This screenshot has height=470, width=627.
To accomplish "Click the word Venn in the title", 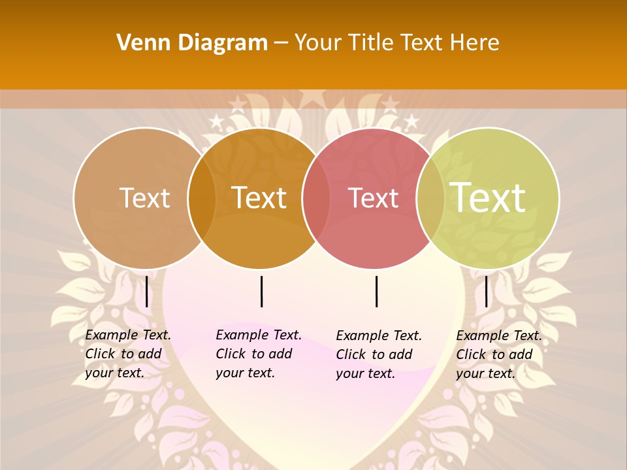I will click(x=139, y=43).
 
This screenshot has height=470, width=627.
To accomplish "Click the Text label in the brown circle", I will click(x=144, y=198).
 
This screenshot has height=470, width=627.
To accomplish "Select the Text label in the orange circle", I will click(x=259, y=198).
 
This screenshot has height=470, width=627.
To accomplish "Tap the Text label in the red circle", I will click(x=373, y=198).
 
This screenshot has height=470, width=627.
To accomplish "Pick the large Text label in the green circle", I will click(x=488, y=197).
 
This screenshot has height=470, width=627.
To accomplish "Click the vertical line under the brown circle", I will click(x=146, y=291).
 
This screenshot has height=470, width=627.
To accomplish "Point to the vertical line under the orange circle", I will click(x=261, y=291).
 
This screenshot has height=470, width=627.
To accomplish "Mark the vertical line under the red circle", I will click(x=376, y=291).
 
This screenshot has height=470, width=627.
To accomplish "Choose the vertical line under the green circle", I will click(x=486, y=291).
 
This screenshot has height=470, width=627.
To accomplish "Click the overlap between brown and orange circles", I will click(x=202, y=198).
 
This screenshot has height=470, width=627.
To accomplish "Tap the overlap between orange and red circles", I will click(x=316, y=198).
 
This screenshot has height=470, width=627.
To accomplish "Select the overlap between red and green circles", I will click(x=430, y=198).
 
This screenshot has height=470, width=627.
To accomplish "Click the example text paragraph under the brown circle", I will click(x=128, y=354).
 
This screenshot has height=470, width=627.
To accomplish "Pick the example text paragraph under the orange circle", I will click(x=259, y=354).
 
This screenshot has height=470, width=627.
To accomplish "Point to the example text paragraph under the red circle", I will click(x=379, y=354).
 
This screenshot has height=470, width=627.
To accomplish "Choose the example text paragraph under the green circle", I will click(x=499, y=354).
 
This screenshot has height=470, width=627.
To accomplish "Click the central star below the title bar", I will click(x=313, y=98).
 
